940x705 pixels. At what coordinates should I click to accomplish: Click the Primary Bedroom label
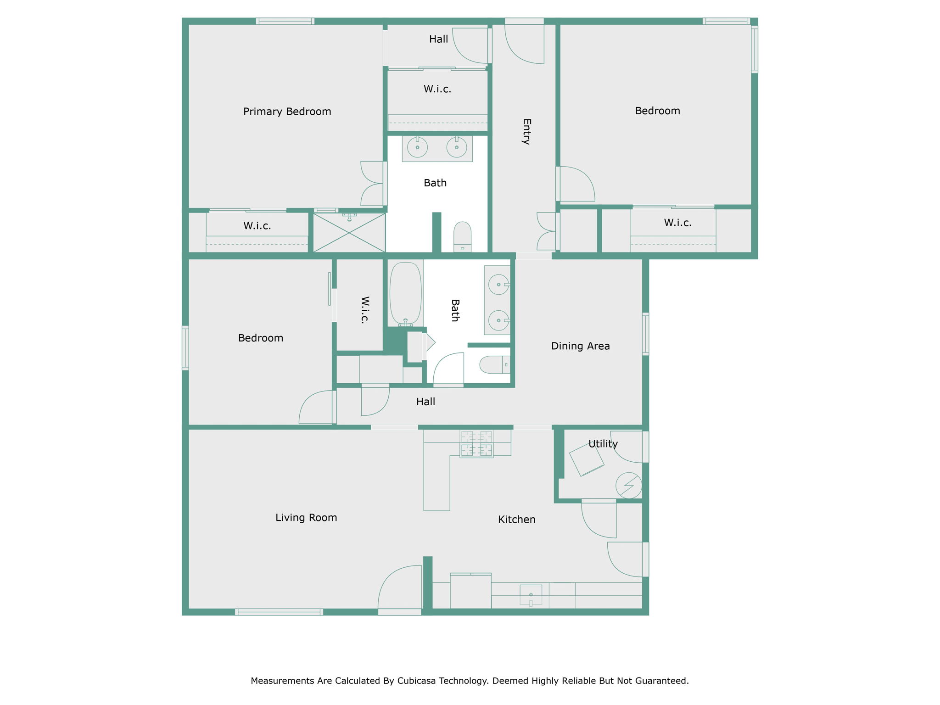pos(287,112)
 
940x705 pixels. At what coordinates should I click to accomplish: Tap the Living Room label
pos(306,518)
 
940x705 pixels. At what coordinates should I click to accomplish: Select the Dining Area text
pos(580,346)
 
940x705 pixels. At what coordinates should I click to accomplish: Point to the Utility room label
pos(603,444)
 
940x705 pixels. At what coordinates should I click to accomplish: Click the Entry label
pos(526,132)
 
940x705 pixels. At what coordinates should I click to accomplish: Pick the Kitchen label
pos(517,520)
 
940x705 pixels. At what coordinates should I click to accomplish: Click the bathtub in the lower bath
pos(405,294)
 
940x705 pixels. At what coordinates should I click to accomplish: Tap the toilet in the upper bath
pos(462,236)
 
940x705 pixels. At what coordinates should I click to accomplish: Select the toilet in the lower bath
pos(495,364)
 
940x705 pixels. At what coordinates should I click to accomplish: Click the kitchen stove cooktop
pos(476,443)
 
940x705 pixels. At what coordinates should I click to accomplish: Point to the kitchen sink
pos(531,595)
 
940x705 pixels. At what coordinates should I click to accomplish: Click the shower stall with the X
pos(349,233)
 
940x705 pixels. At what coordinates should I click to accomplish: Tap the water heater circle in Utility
pos(628,485)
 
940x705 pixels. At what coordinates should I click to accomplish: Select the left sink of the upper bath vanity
pos(417,147)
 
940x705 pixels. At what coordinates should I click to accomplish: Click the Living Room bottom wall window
pos(279,612)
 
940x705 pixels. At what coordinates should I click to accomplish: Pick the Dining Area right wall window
pos(645,334)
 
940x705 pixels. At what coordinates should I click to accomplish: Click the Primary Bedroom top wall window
pos(285,21)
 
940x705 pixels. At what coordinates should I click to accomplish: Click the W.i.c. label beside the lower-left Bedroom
pos(365,310)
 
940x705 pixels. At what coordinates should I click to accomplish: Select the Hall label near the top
pos(438,39)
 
